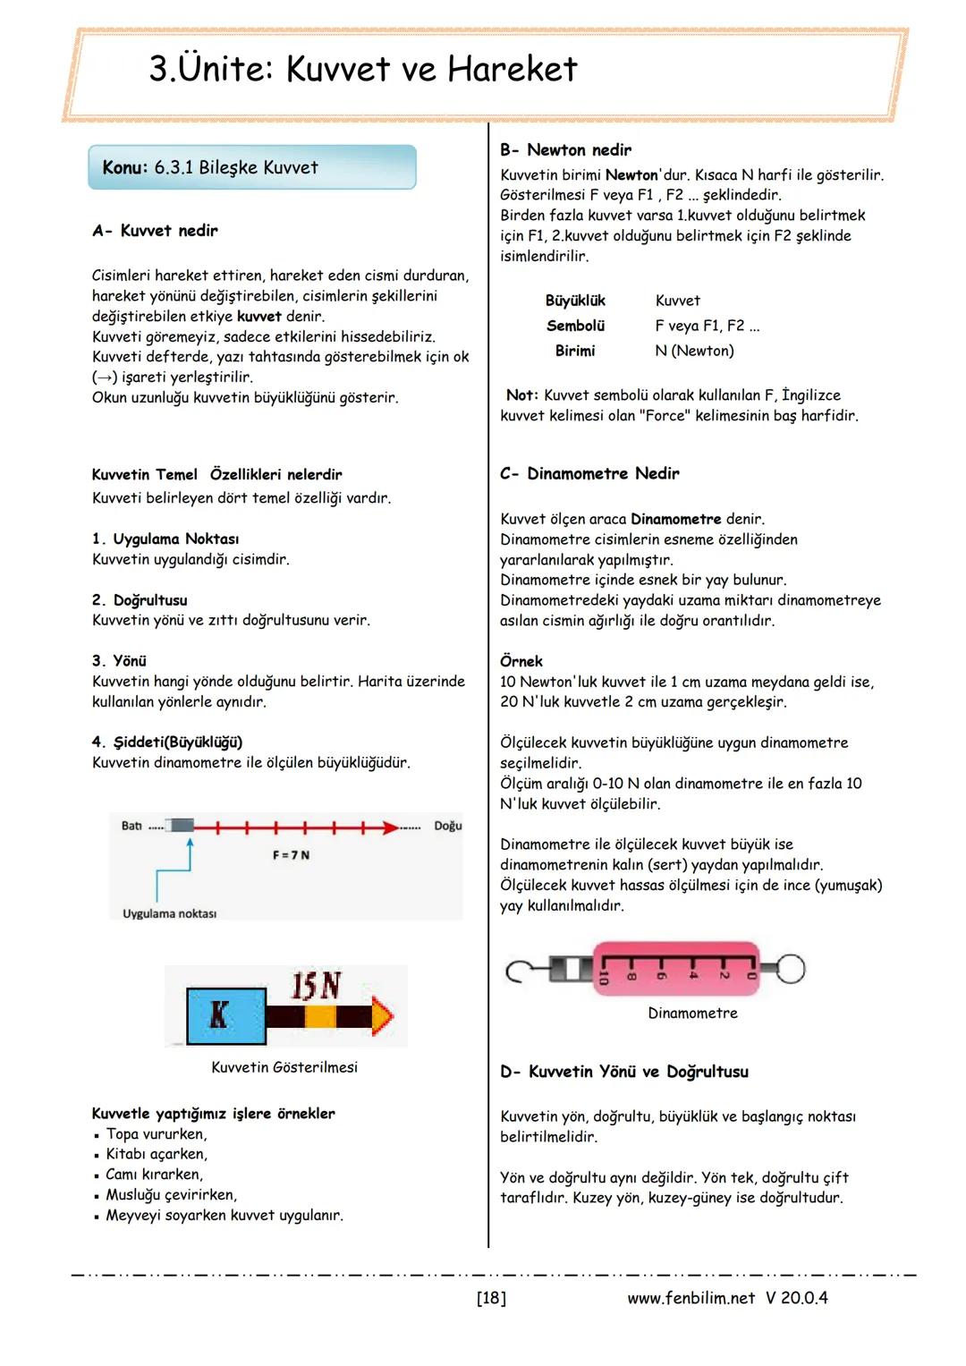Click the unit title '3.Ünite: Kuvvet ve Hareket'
tap(363, 70)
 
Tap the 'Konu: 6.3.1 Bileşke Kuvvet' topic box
tap(251, 167)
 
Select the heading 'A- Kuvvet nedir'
tap(155, 231)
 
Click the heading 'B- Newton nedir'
tap(565, 150)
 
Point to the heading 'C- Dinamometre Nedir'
tap(589, 473)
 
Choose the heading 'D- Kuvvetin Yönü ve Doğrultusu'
tap(624, 1072)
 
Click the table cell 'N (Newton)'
tap(694, 351)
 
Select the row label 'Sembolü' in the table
tap(575, 326)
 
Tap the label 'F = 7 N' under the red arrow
tap(291, 855)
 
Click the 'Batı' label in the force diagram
tap(131, 826)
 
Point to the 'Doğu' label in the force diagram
tap(447, 826)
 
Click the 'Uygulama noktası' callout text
tap(169, 913)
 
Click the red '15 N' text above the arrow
tap(316, 986)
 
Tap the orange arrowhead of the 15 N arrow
tap(382, 1016)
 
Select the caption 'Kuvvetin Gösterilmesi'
tap(284, 1067)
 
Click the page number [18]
tap(491, 1298)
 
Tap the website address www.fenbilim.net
tap(691, 1298)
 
